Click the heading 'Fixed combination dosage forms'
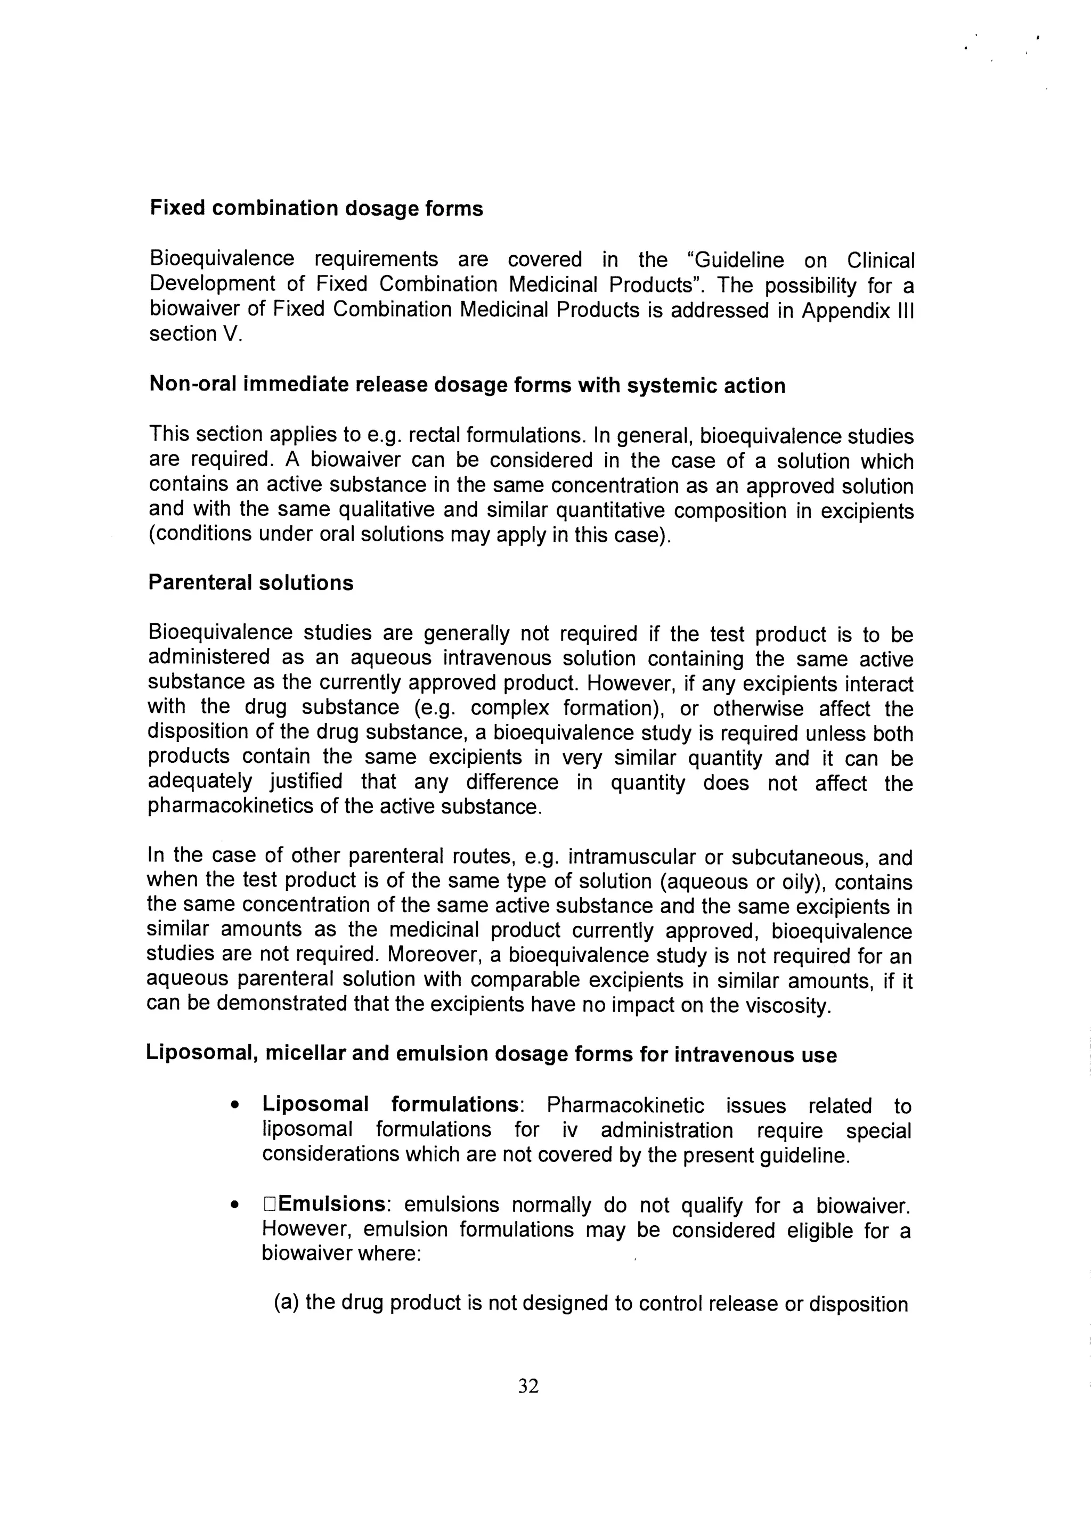click(316, 209)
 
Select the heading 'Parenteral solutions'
click(250, 582)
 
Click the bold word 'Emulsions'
click(332, 1203)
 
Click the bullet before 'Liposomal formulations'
click(234, 1105)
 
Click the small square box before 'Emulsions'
click(270, 1204)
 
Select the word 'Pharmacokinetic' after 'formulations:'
click(625, 1105)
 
